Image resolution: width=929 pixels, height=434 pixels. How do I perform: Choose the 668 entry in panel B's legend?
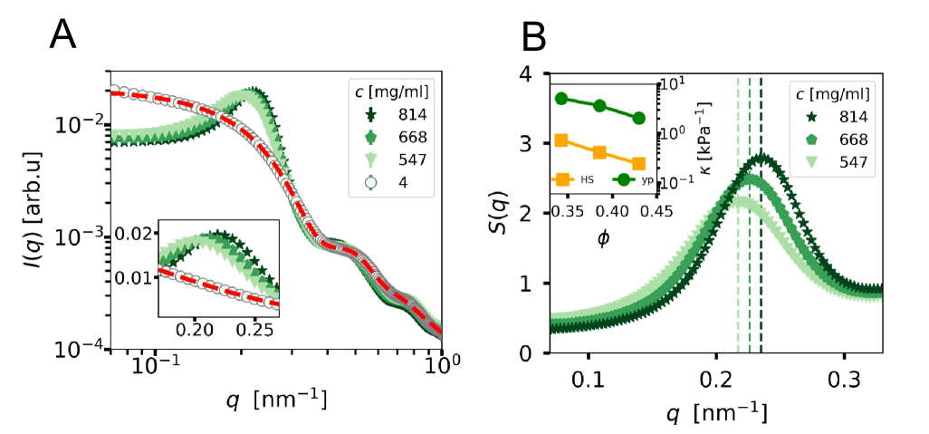click(x=851, y=140)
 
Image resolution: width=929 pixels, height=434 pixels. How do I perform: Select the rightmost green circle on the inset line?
click(x=638, y=118)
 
